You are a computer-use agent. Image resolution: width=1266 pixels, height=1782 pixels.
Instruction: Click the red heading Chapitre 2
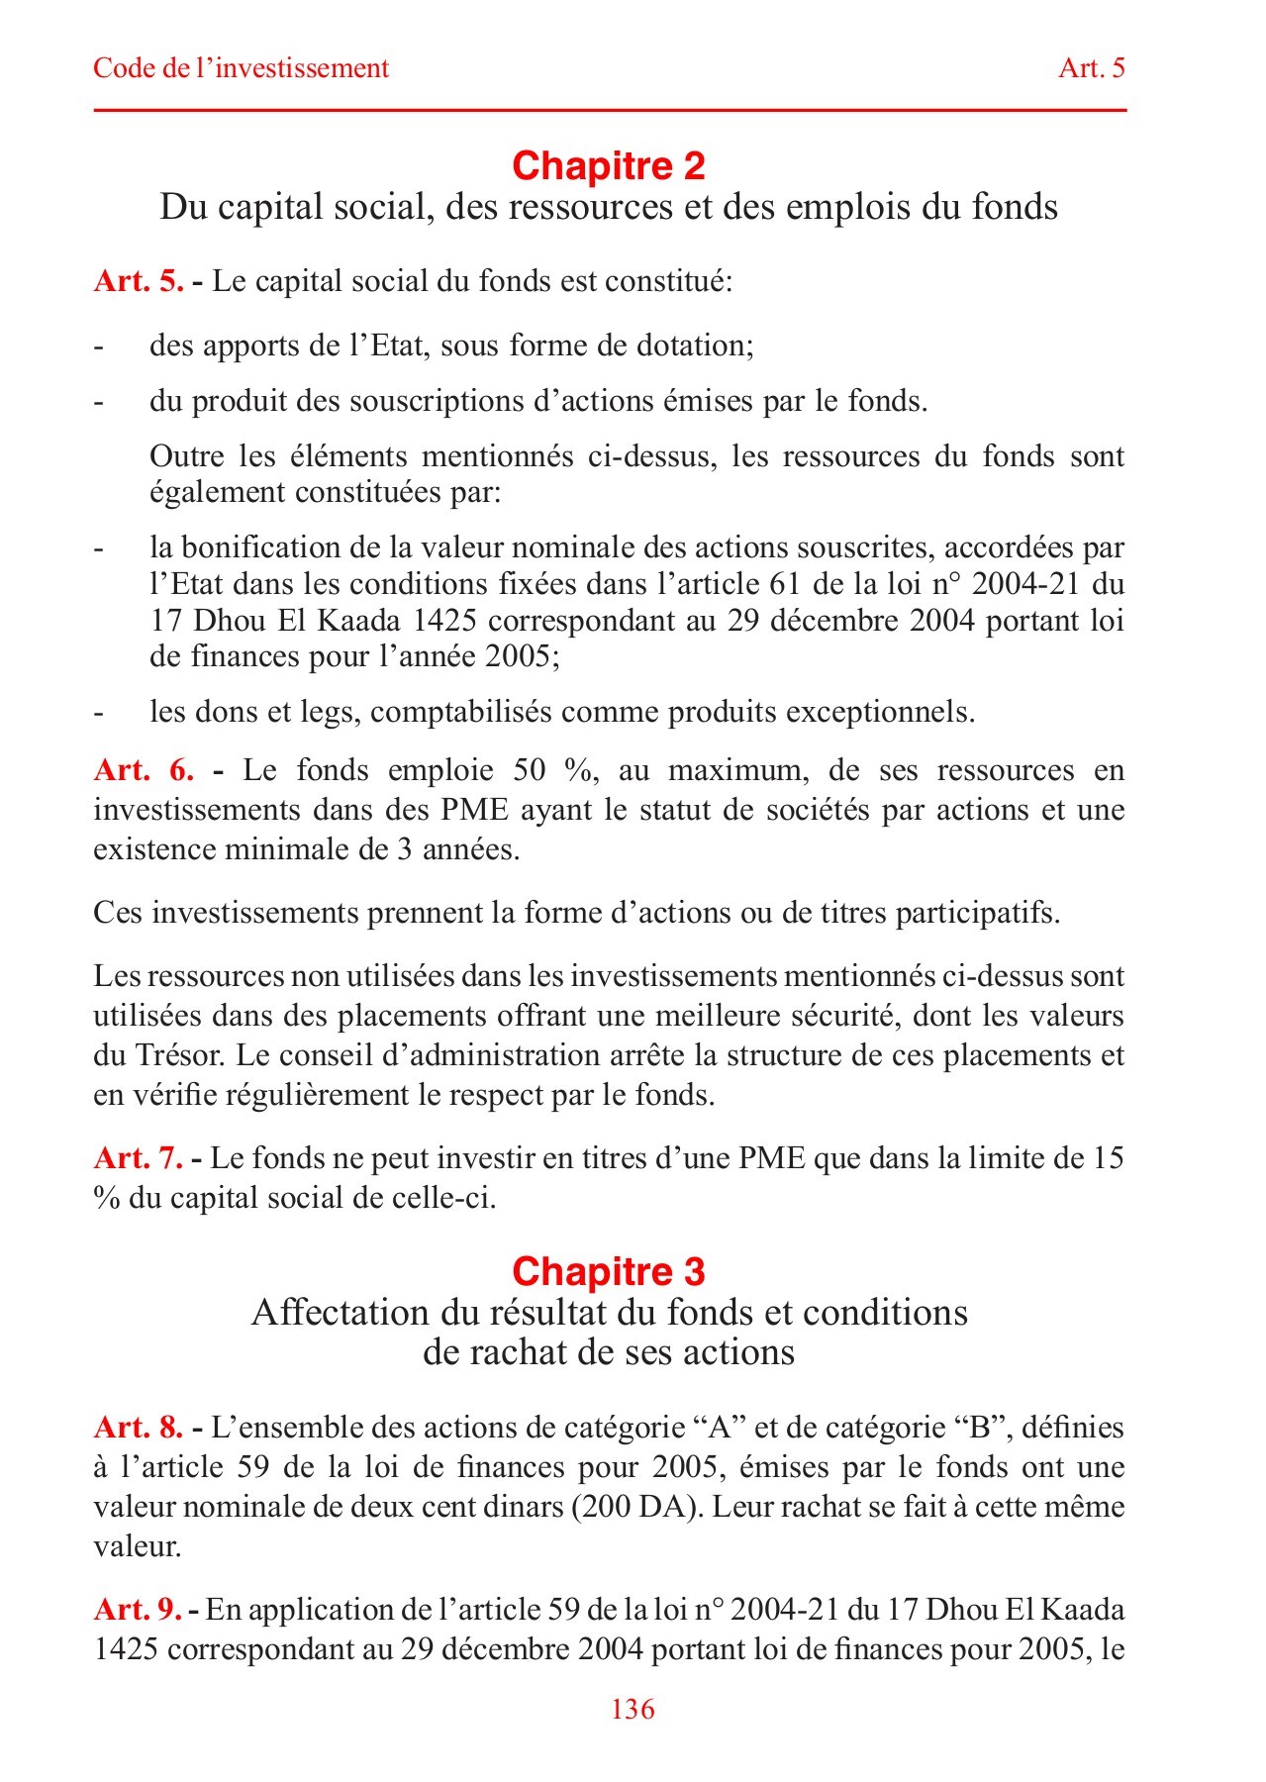pos(608,165)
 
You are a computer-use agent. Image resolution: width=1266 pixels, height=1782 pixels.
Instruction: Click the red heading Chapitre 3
pos(608,1271)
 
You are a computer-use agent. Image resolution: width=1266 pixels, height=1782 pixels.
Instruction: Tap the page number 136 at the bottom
pos(633,1709)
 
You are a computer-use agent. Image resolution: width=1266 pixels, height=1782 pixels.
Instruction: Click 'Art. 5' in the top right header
pos(1091,68)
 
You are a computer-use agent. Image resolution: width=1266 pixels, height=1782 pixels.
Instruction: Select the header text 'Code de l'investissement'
pos(241,68)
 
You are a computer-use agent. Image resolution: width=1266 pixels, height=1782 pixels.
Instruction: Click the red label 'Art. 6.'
pos(144,770)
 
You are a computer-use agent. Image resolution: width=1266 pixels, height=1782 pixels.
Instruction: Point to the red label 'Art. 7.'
pos(138,1157)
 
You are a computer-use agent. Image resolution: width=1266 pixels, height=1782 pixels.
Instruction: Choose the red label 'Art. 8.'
pos(138,1427)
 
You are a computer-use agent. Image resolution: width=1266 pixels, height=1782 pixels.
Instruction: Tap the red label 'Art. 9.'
pos(137,1609)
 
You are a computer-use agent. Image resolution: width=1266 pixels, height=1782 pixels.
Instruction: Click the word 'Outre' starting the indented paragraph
pos(186,456)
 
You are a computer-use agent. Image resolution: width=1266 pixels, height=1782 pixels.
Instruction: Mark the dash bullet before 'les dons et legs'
pos(98,713)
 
